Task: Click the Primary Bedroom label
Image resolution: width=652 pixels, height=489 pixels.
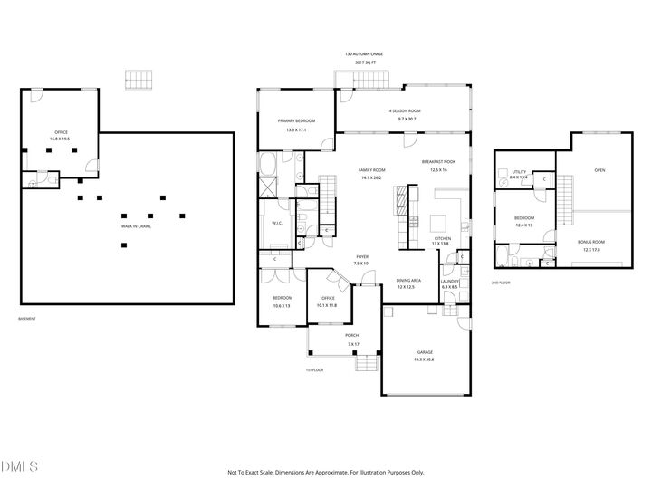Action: (296, 121)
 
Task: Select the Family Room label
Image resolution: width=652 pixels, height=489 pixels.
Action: (371, 169)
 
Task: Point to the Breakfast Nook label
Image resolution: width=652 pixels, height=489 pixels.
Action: (438, 161)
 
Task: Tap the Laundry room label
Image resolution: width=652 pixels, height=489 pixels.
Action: (450, 281)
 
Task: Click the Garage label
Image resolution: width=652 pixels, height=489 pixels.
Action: (425, 355)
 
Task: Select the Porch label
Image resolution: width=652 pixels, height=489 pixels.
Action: (352, 335)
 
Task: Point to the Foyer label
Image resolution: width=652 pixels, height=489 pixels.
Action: (361, 257)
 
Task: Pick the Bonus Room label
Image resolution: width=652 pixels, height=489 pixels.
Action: (591, 242)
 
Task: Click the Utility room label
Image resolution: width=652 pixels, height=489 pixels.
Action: (519, 172)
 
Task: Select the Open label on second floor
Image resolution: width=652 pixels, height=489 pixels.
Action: (599, 170)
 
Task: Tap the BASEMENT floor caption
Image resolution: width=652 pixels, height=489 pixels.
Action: (27, 319)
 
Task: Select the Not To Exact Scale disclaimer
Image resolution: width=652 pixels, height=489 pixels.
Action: (325, 472)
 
